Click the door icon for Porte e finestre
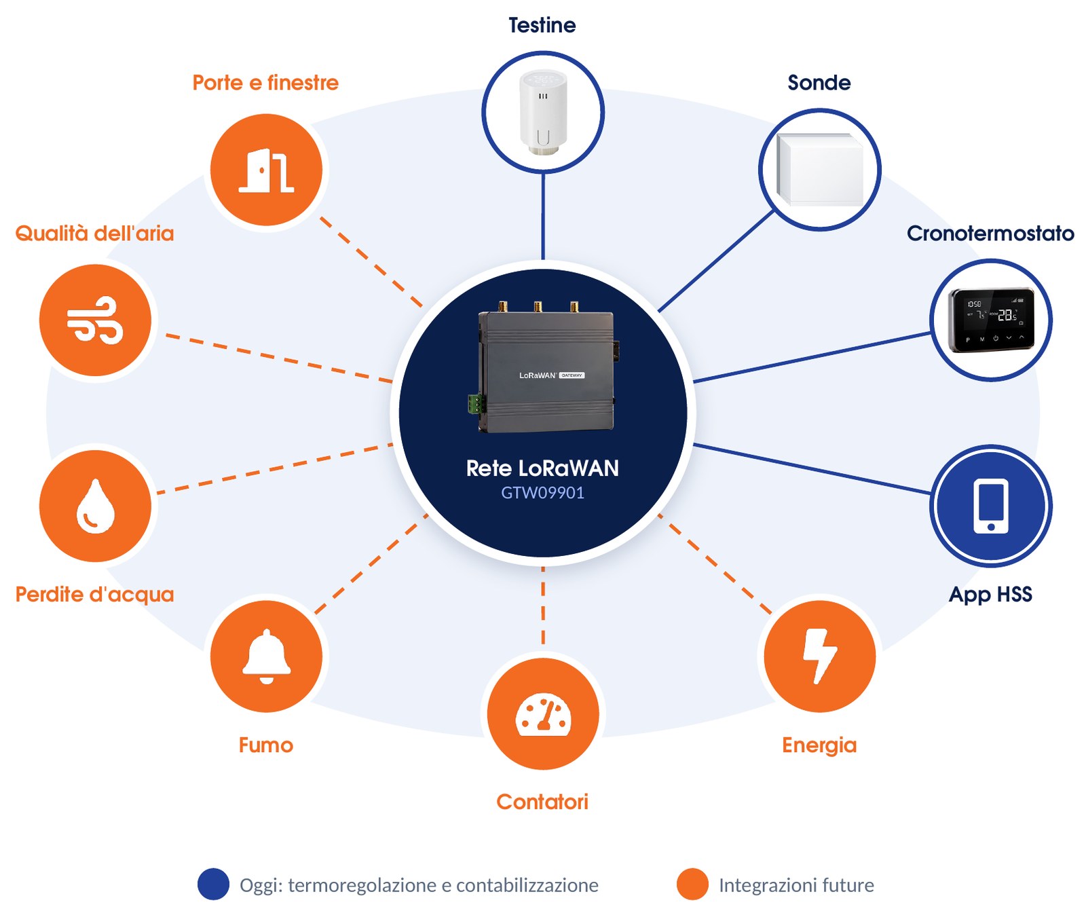(x=266, y=170)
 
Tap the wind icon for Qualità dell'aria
(x=95, y=320)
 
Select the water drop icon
(x=95, y=506)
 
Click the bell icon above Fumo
(x=266, y=656)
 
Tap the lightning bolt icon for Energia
(x=820, y=656)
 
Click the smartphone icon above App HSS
(x=991, y=506)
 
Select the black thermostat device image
(x=992, y=320)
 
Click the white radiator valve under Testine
(x=543, y=112)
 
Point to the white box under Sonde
(x=820, y=170)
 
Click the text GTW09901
(x=543, y=493)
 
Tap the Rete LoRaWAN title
(x=542, y=468)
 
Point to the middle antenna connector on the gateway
(x=538, y=307)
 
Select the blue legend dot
(x=213, y=885)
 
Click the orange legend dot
(x=692, y=885)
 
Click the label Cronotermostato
(x=990, y=234)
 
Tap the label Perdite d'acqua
(x=94, y=595)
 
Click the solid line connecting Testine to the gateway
(x=543, y=216)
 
